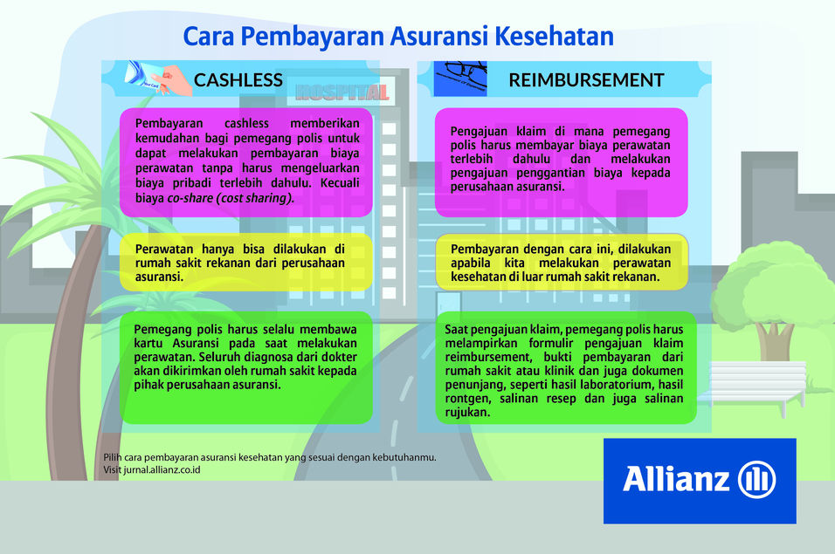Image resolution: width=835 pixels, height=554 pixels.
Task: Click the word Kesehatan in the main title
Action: tap(554, 36)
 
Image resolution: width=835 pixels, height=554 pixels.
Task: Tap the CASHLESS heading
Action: tap(238, 79)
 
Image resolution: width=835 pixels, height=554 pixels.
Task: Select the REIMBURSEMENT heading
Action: tap(586, 79)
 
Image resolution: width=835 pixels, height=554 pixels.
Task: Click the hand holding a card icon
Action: tap(158, 79)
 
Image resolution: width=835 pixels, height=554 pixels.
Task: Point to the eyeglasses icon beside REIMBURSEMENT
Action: tap(460, 79)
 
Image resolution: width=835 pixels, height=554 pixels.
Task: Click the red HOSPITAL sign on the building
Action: tap(342, 92)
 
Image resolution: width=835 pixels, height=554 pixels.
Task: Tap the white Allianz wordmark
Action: tap(676, 479)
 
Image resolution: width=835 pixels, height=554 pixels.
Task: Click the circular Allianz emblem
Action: tap(756, 480)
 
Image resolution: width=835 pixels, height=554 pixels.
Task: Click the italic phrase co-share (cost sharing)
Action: tap(231, 198)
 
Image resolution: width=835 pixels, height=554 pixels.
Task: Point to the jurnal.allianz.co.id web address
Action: tap(162, 470)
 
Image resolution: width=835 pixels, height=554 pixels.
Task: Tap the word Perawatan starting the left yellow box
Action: tap(164, 249)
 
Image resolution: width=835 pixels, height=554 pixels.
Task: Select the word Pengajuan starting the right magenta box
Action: tap(479, 132)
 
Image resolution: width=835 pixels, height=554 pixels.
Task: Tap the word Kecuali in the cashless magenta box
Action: tap(340, 183)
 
